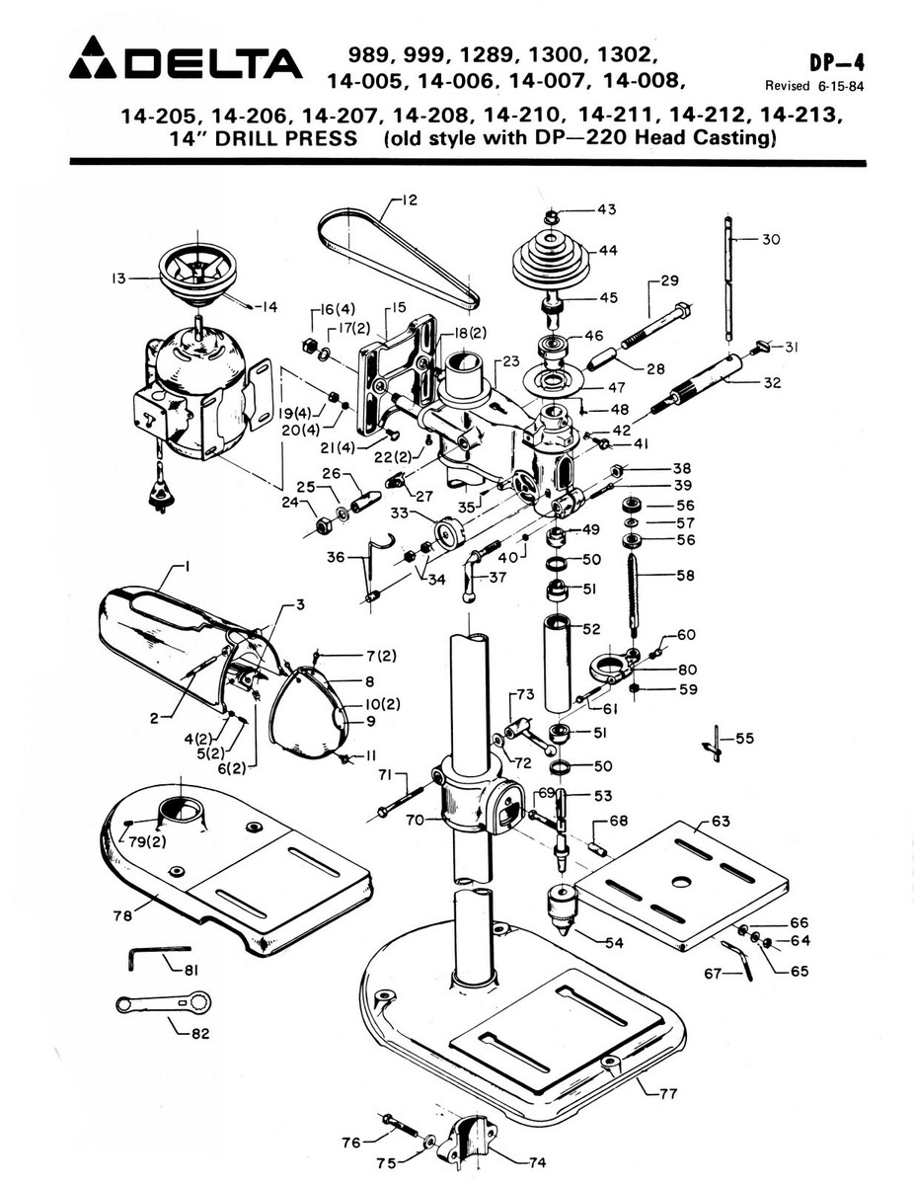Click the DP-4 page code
point(836,63)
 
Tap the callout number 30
point(771,239)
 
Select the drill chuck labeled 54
point(562,909)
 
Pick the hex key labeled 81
point(159,957)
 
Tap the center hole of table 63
point(680,881)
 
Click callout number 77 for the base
point(668,1092)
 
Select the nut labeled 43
point(552,217)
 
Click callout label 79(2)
point(147,841)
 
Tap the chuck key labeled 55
point(715,744)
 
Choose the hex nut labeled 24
point(325,526)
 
